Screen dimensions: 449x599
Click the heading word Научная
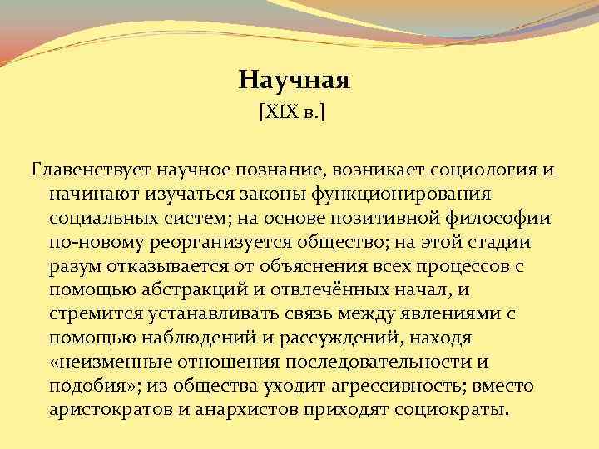(295, 80)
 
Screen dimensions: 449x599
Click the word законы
(262, 193)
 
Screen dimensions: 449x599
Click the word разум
(72, 266)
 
